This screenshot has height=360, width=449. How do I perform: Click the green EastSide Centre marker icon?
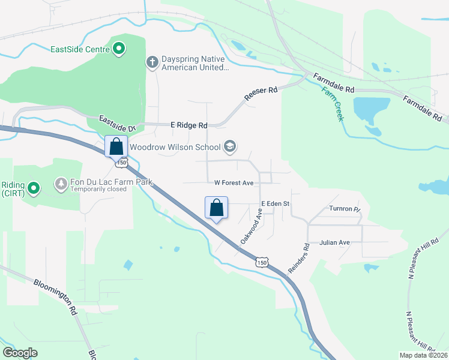click(x=119, y=48)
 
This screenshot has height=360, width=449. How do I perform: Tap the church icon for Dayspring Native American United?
click(x=152, y=62)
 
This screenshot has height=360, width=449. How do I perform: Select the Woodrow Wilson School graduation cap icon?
click(x=229, y=146)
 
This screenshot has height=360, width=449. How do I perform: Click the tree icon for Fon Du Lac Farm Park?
click(x=61, y=182)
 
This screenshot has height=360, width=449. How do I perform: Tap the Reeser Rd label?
click(x=261, y=93)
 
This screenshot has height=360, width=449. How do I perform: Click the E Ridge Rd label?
click(x=188, y=125)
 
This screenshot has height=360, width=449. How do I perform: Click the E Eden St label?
click(x=275, y=204)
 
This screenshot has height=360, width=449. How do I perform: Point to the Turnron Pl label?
click(x=343, y=209)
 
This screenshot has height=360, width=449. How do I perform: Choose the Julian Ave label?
click(x=334, y=242)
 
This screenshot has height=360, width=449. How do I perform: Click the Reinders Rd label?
click(x=298, y=259)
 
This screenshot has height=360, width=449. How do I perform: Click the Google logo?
click(x=20, y=353)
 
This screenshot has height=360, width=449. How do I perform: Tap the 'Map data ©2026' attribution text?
click(x=423, y=355)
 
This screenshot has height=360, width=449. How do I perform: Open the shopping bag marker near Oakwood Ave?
click(x=216, y=208)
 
